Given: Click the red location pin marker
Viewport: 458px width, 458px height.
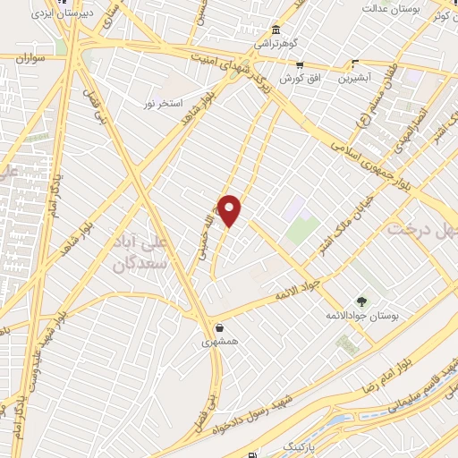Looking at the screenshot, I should pyautogui.click(x=230, y=211).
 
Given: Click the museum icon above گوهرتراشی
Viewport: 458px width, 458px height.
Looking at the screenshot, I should pyautogui.click(x=276, y=30).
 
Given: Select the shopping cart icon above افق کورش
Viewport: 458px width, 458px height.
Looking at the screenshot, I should pyautogui.click(x=299, y=65).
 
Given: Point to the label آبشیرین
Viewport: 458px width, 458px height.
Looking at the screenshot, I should pyautogui.click(x=355, y=78).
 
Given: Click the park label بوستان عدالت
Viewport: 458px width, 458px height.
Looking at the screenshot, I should pyautogui.click(x=391, y=8).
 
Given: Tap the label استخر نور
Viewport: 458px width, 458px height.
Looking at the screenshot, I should pyautogui.click(x=162, y=103).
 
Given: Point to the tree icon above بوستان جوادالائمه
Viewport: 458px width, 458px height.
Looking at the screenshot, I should pyautogui.click(x=361, y=301).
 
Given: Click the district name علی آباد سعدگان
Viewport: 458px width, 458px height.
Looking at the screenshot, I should pyautogui.click(x=140, y=253).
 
